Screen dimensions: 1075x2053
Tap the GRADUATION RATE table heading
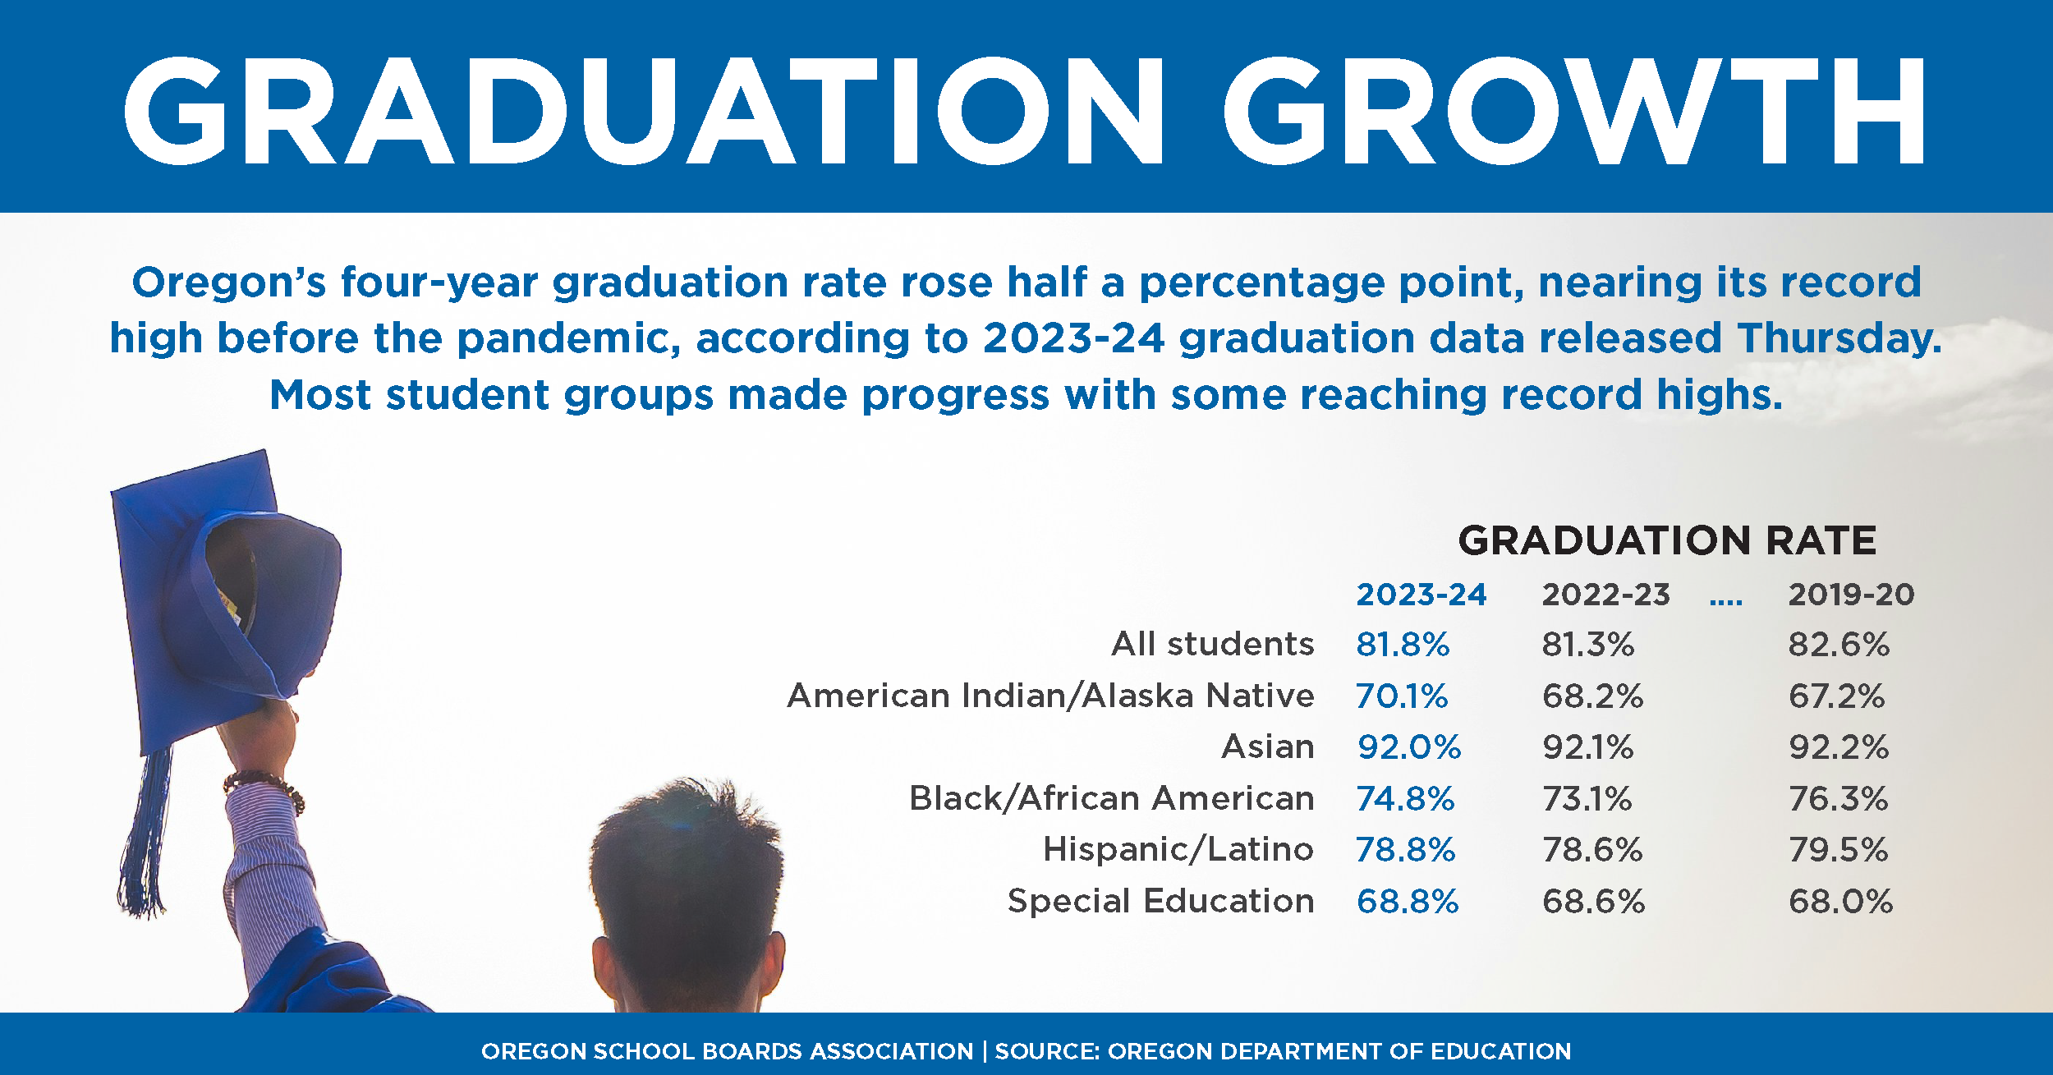click(x=1667, y=540)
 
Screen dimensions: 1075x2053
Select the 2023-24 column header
click(x=1421, y=595)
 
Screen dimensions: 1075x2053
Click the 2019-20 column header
click(x=1851, y=595)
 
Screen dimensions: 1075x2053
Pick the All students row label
click(x=1212, y=645)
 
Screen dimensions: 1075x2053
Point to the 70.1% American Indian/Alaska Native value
click(x=1402, y=696)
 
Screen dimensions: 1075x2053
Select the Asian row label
click(x=1268, y=747)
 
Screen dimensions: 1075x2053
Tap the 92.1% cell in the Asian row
click(x=1588, y=747)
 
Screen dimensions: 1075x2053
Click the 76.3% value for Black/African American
click(x=1839, y=799)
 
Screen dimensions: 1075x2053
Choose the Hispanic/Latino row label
click(x=1178, y=850)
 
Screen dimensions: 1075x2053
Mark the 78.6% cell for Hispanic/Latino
click(x=1592, y=850)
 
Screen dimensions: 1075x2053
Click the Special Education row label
click(x=1160, y=902)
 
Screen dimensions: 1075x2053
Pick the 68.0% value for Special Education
click(x=1840, y=902)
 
